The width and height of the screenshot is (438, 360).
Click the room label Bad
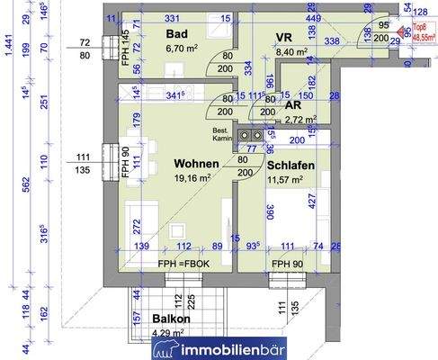(x=176, y=34)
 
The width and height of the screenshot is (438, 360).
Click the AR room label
(x=293, y=103)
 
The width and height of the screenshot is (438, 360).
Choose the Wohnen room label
(x=197, y=163)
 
